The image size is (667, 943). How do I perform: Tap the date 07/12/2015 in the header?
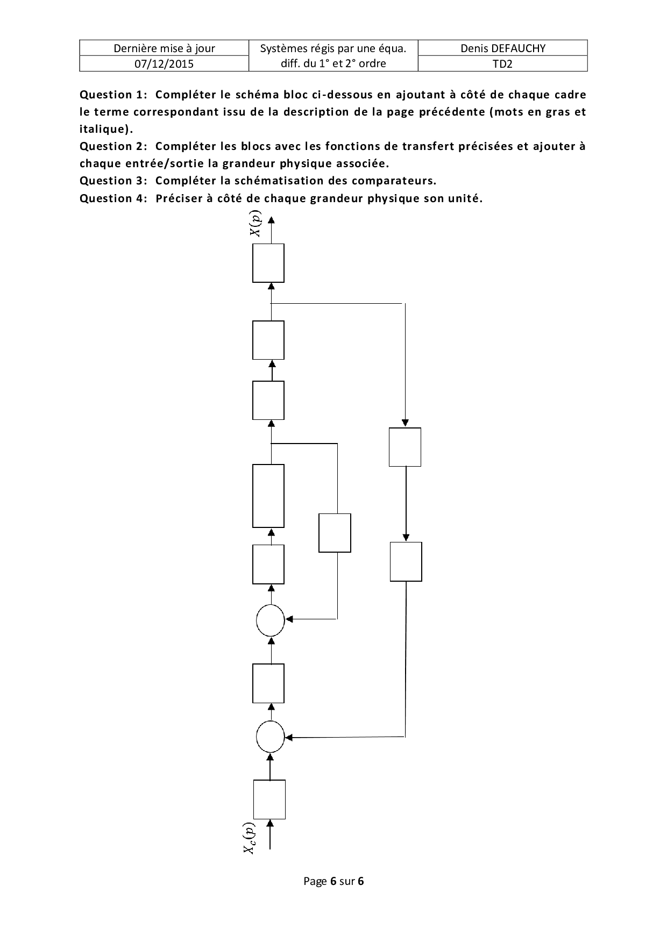[x=164, y=63]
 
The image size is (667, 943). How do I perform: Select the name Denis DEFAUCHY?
[x=502, y=48]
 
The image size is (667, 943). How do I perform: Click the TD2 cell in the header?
[x=502, y=63]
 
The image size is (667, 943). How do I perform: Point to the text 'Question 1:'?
[x=113, y=95]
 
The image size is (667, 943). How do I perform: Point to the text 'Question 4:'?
[x=113, y=198]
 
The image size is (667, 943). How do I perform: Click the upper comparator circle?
[x=270, y=620]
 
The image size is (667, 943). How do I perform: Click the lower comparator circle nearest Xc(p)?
[x=270, y=737]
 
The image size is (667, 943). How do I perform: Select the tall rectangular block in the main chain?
[x=268, y=496]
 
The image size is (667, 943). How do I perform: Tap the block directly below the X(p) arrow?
[x=268, y=263]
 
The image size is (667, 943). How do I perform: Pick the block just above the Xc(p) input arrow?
[x=269, y=799]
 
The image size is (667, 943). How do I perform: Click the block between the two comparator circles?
[x=268, y=683]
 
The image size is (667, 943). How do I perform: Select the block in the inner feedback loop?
[x=335, y=533]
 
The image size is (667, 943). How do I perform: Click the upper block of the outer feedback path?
[x=405, y=447]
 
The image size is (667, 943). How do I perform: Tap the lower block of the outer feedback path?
[x=406, y=562]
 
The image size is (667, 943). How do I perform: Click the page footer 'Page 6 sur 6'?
[x=334, y=881]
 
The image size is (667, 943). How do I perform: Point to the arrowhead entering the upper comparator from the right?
[x=289, y=619]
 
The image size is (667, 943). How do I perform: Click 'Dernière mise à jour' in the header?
[x=164, y=48]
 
